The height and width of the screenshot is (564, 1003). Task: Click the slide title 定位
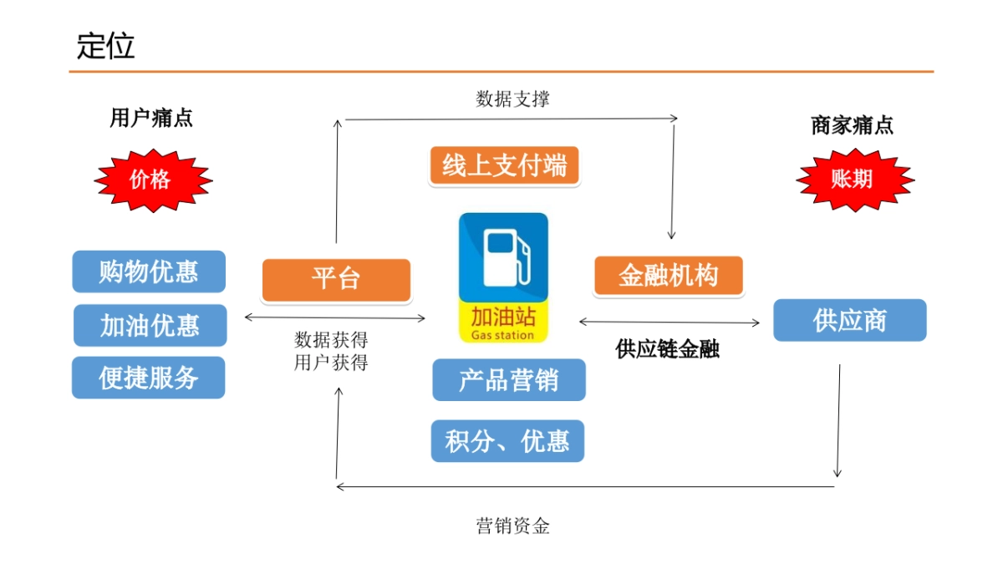click(105, 46)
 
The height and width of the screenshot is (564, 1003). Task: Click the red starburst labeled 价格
click(151, 180)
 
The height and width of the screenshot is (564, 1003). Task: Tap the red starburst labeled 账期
click(853, 180)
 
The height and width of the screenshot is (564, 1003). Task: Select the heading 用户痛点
click(151, 118)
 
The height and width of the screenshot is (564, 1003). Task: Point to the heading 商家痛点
click(852, 125)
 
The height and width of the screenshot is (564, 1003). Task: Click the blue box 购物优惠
click(149, 272)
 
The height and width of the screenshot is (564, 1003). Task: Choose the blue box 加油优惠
click(150, 325)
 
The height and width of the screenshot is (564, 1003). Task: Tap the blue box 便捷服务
click(149, 378)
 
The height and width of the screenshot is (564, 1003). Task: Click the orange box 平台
click(336, 279)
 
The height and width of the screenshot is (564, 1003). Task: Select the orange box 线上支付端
click(504, 165)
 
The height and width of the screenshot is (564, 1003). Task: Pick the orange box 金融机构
click(668, 276)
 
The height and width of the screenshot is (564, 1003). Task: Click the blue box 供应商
click(849, 320)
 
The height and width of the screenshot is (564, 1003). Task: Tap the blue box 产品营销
click(508, 380)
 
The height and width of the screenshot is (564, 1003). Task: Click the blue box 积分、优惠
click(507, 440)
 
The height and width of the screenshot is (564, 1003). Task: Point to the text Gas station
click(503, 335)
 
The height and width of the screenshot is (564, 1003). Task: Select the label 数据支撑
click(512, 99)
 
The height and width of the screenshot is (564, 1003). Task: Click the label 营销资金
click(512, 526)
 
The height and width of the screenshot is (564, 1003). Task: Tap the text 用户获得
click(331, 363)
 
